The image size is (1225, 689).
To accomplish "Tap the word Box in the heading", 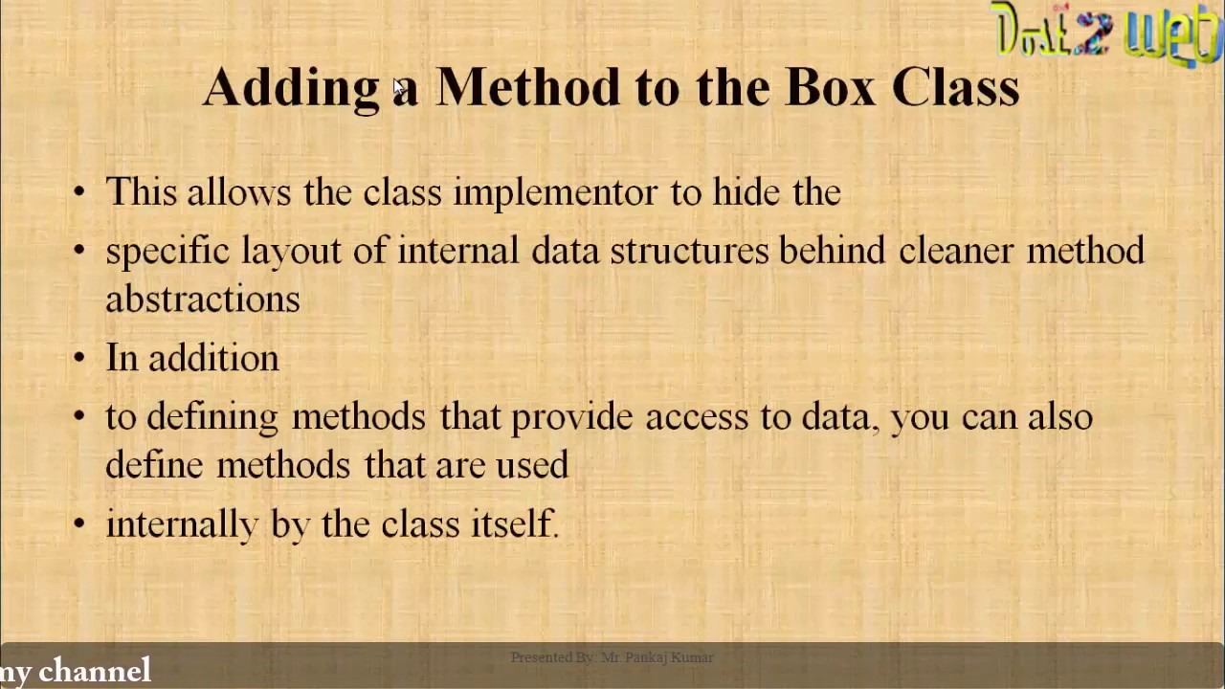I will pos(830,87).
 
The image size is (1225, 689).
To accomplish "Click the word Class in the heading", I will pos(955,87).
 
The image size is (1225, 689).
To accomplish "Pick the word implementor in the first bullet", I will pos(555,192).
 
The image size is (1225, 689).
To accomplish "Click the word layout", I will pos(291,251).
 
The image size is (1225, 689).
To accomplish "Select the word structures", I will pos(689,251).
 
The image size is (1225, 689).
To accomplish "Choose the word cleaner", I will pos(955,251).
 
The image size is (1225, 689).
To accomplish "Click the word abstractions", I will pos(203,299).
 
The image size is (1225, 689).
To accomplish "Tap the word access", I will pos(697,417).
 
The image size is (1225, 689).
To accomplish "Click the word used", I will pos(531,465).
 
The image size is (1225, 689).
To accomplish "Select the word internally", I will pos(182,524).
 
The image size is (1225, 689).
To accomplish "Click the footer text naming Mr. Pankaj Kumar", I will pos(612,657).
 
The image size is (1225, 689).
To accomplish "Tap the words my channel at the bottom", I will pos(76,671).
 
